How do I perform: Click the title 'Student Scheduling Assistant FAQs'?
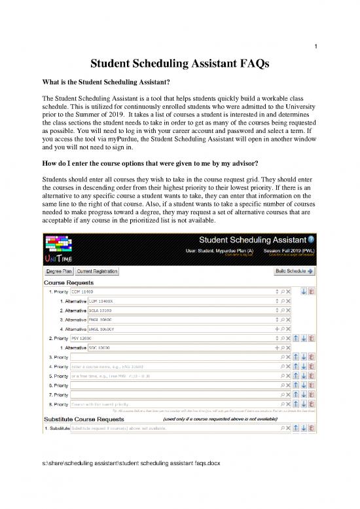pos(180,64)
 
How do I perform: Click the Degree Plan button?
pos(58,271)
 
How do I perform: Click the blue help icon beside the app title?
pos(312,239)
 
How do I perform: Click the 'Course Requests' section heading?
pos(68,282)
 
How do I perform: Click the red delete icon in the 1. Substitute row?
pos(312,428)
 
